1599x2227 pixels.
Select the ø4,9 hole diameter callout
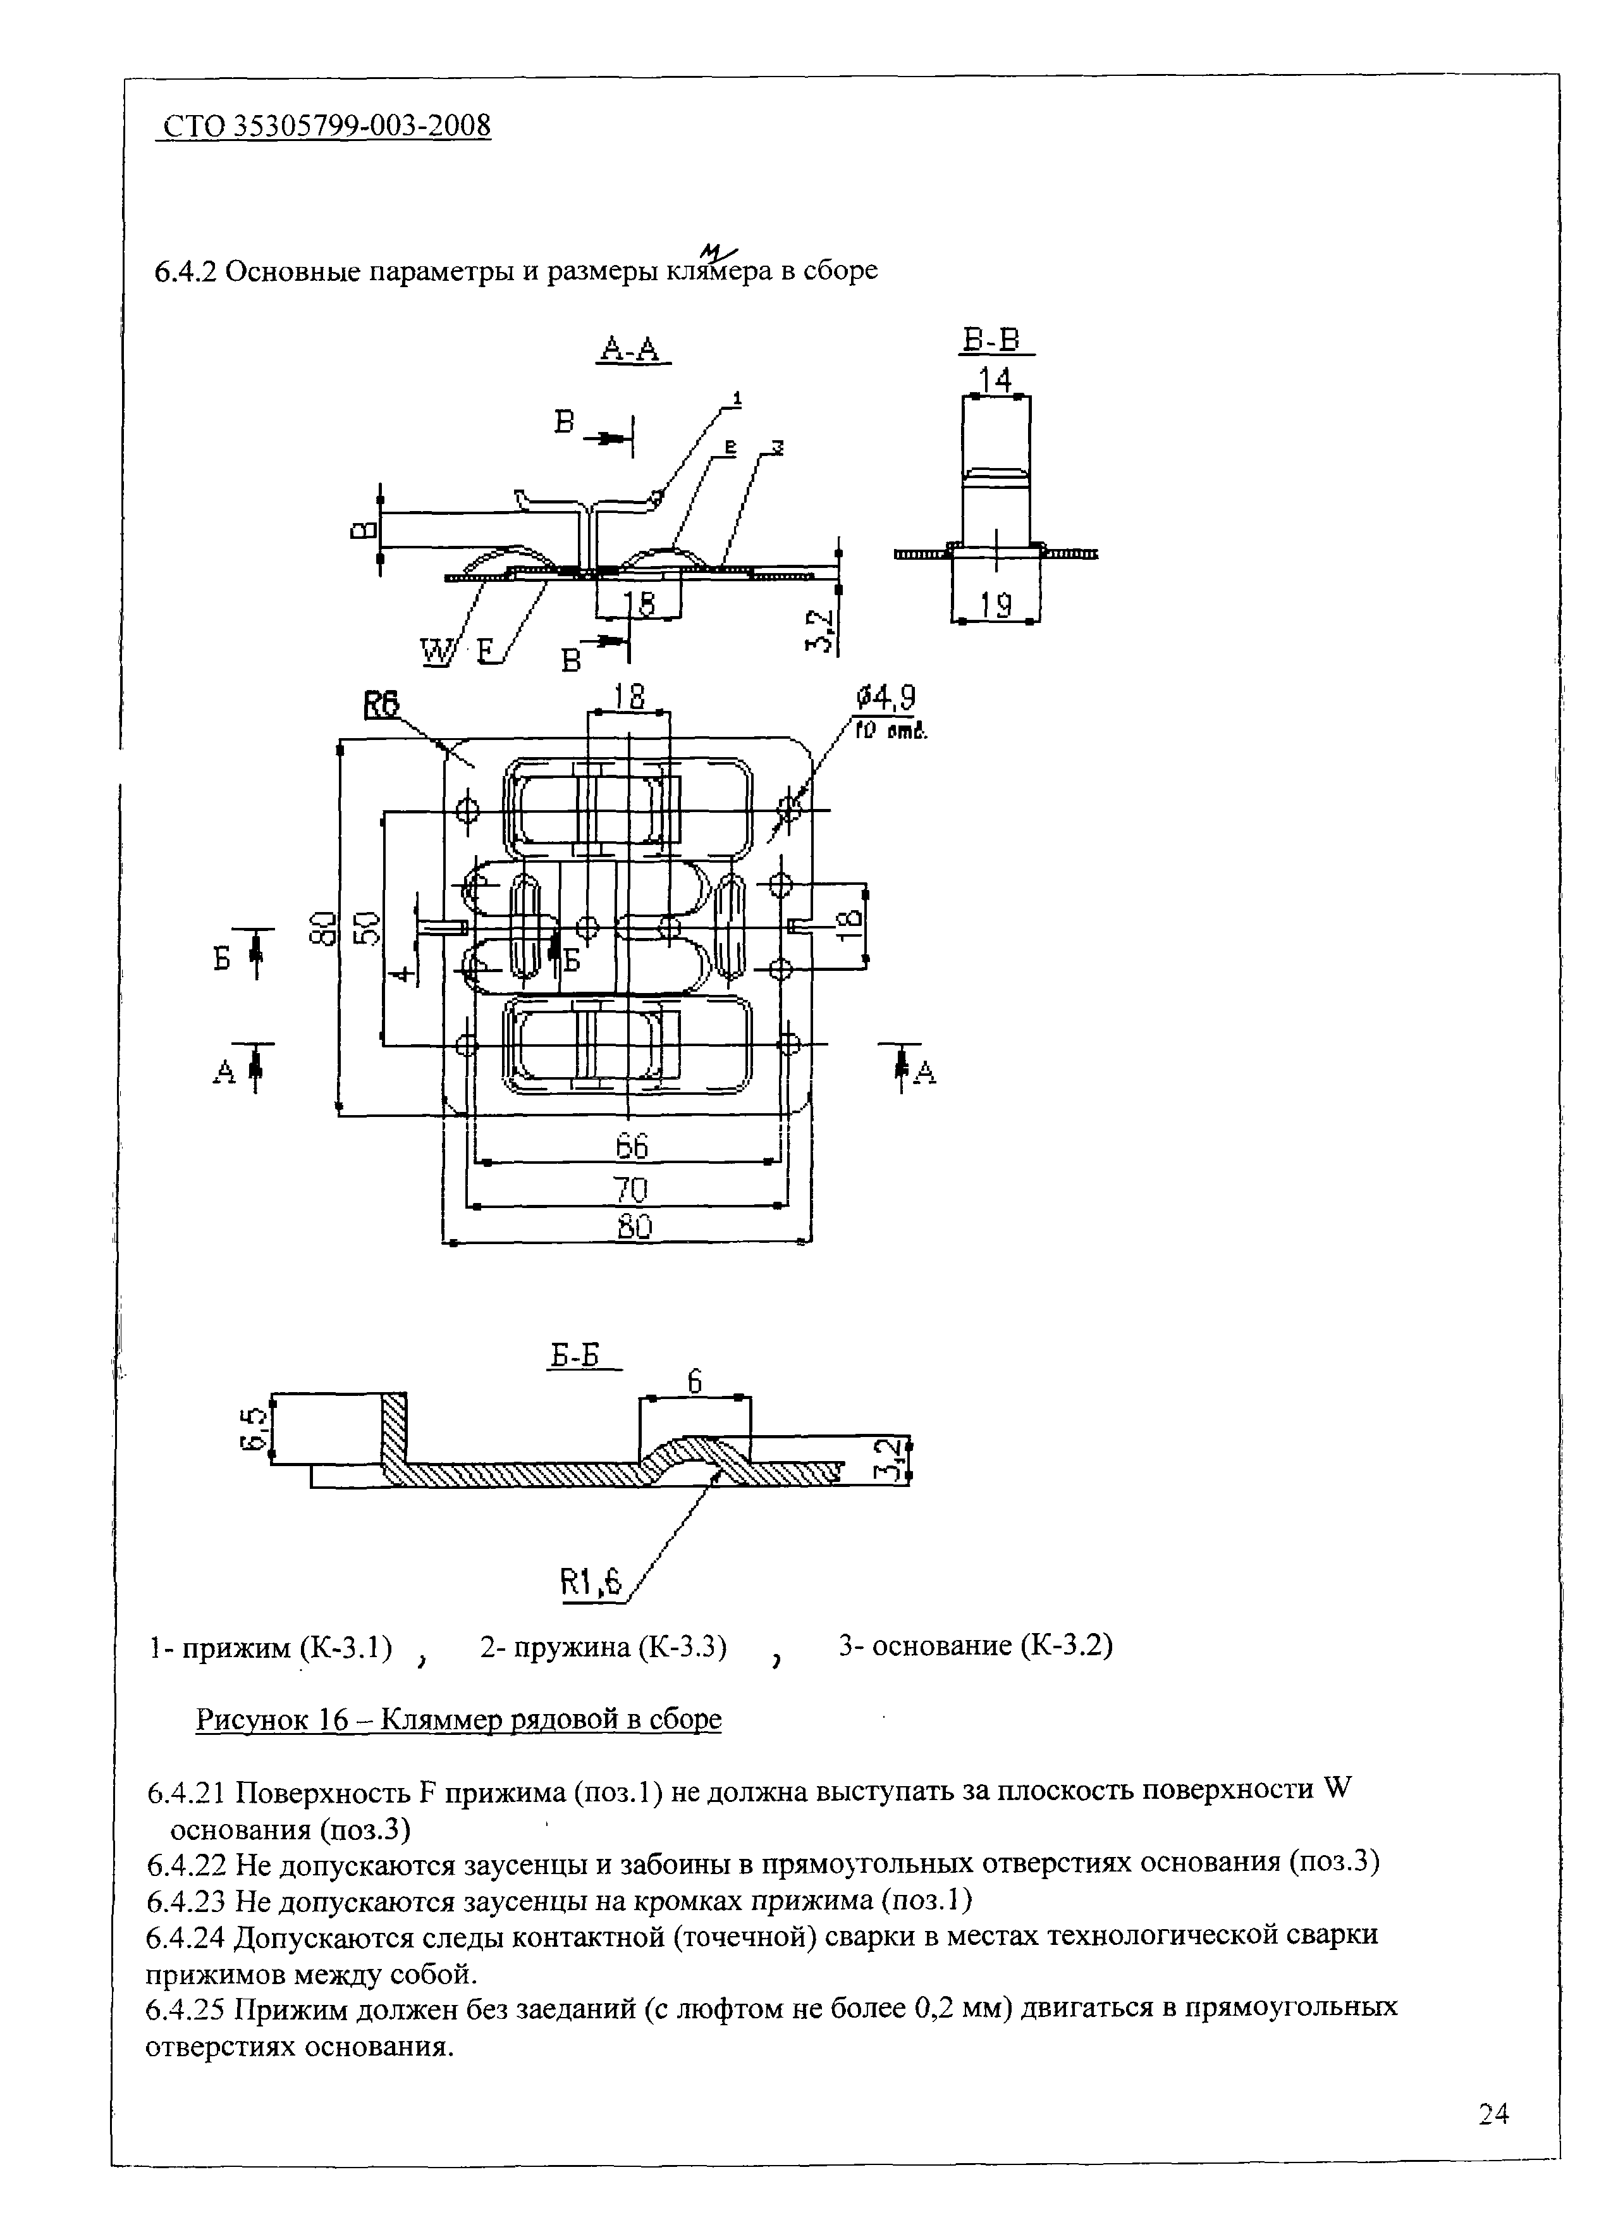[886, 698]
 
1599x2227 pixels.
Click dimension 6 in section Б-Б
[694, 1381]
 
